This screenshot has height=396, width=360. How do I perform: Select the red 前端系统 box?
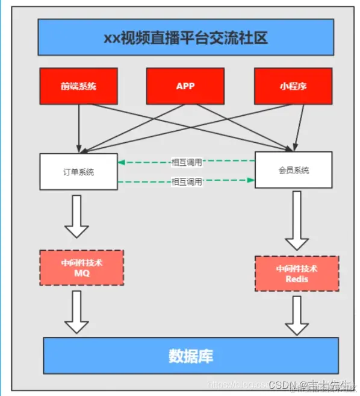coord(78,86)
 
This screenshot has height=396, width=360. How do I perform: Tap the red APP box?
coord(185,86)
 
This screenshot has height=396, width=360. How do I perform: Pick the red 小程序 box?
coord(293,86)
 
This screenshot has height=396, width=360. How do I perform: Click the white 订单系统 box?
coord(78,171)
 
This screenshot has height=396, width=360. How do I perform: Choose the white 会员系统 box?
coord(293,170)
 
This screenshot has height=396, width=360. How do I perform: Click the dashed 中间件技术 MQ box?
coord(81,268)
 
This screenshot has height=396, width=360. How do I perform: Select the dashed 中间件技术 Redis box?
coord(297,274)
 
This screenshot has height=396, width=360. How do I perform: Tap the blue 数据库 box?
coord(190,356)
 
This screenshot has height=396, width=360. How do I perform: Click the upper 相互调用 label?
coord(187,162)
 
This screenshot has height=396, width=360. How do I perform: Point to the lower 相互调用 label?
coord(187,181)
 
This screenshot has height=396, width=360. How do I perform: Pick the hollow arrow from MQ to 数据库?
coord(76,311)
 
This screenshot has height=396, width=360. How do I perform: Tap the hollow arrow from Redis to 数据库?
coord(297,315)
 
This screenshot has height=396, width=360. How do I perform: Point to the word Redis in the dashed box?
coord(297,280)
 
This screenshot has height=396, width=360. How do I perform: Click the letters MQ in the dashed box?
coord(81,273)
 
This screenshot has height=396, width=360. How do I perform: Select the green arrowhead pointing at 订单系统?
coord(121,162)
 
